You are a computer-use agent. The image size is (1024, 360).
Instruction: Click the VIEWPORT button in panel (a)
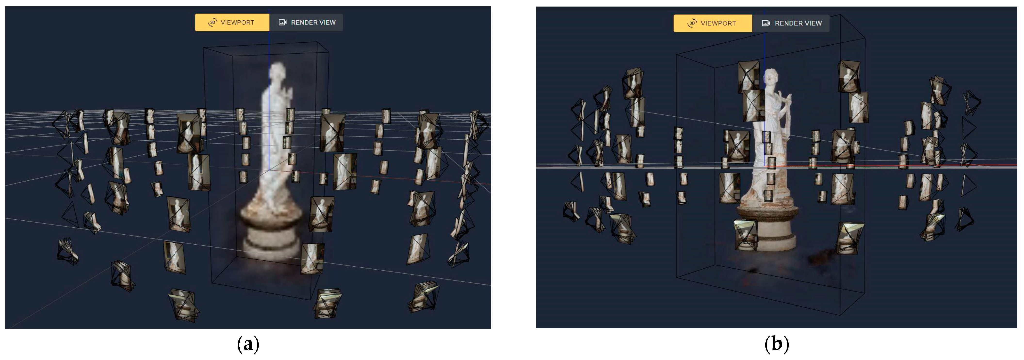point(232,22)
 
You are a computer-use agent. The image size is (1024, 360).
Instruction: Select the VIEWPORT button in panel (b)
point(712,23)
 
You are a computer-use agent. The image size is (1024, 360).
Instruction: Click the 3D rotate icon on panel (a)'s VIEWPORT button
point(213,23)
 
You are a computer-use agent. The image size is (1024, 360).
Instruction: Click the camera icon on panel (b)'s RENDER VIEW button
point(766,23)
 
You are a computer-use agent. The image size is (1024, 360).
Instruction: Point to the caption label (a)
point(248,344)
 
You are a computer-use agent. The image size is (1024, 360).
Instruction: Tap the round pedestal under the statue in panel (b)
point(766,226)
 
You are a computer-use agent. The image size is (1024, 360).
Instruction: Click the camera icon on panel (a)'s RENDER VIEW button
point(283,22)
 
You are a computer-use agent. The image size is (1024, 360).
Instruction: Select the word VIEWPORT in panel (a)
point(237,23)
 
